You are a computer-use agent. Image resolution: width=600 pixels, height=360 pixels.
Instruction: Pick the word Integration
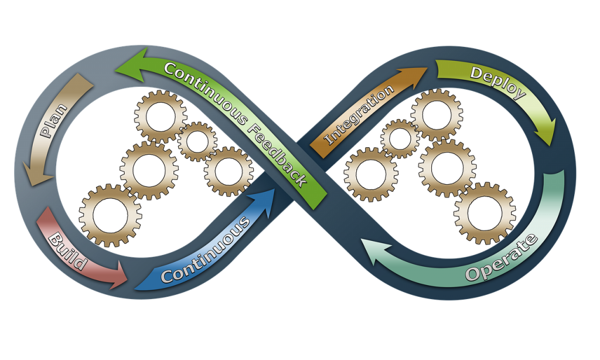coord(360,115)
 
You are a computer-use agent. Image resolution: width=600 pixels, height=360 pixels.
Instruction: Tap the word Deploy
coord(498,82)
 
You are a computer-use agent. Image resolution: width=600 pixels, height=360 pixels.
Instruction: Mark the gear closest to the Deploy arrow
coord(437,114)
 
